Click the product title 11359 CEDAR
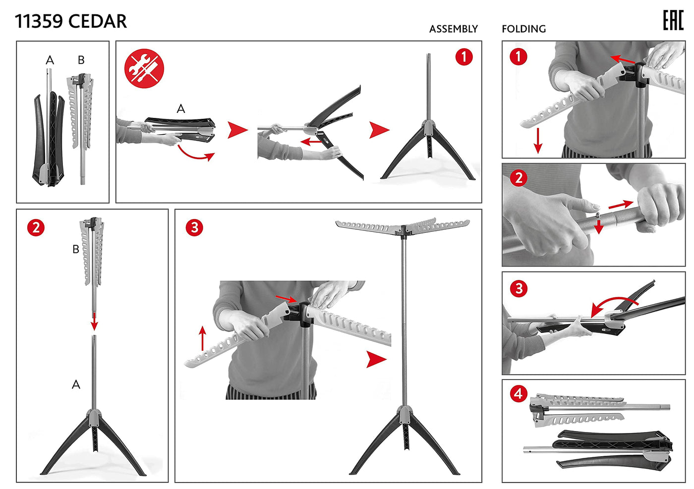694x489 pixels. point(70,21)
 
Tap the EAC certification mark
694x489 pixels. point(673,20)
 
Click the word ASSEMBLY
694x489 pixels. point(453,29)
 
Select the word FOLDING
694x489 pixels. point(523,29)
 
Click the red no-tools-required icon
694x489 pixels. point(144,68)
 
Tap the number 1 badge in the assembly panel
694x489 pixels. point(464,57)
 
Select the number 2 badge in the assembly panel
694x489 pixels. point(36,228)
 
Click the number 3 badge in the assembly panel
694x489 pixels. point(194,228)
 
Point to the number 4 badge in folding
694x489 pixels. point(519,394)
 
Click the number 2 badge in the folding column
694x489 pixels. point(519,178)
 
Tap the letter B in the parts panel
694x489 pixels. point(81,60)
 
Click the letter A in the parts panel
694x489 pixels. point(50,60)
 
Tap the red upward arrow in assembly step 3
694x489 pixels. point(202,338)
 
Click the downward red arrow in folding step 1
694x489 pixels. point(538,141)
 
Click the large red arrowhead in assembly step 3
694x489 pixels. point(376,359)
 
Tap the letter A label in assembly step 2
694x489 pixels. point(76,384)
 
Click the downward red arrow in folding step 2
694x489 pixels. point(599,226)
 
